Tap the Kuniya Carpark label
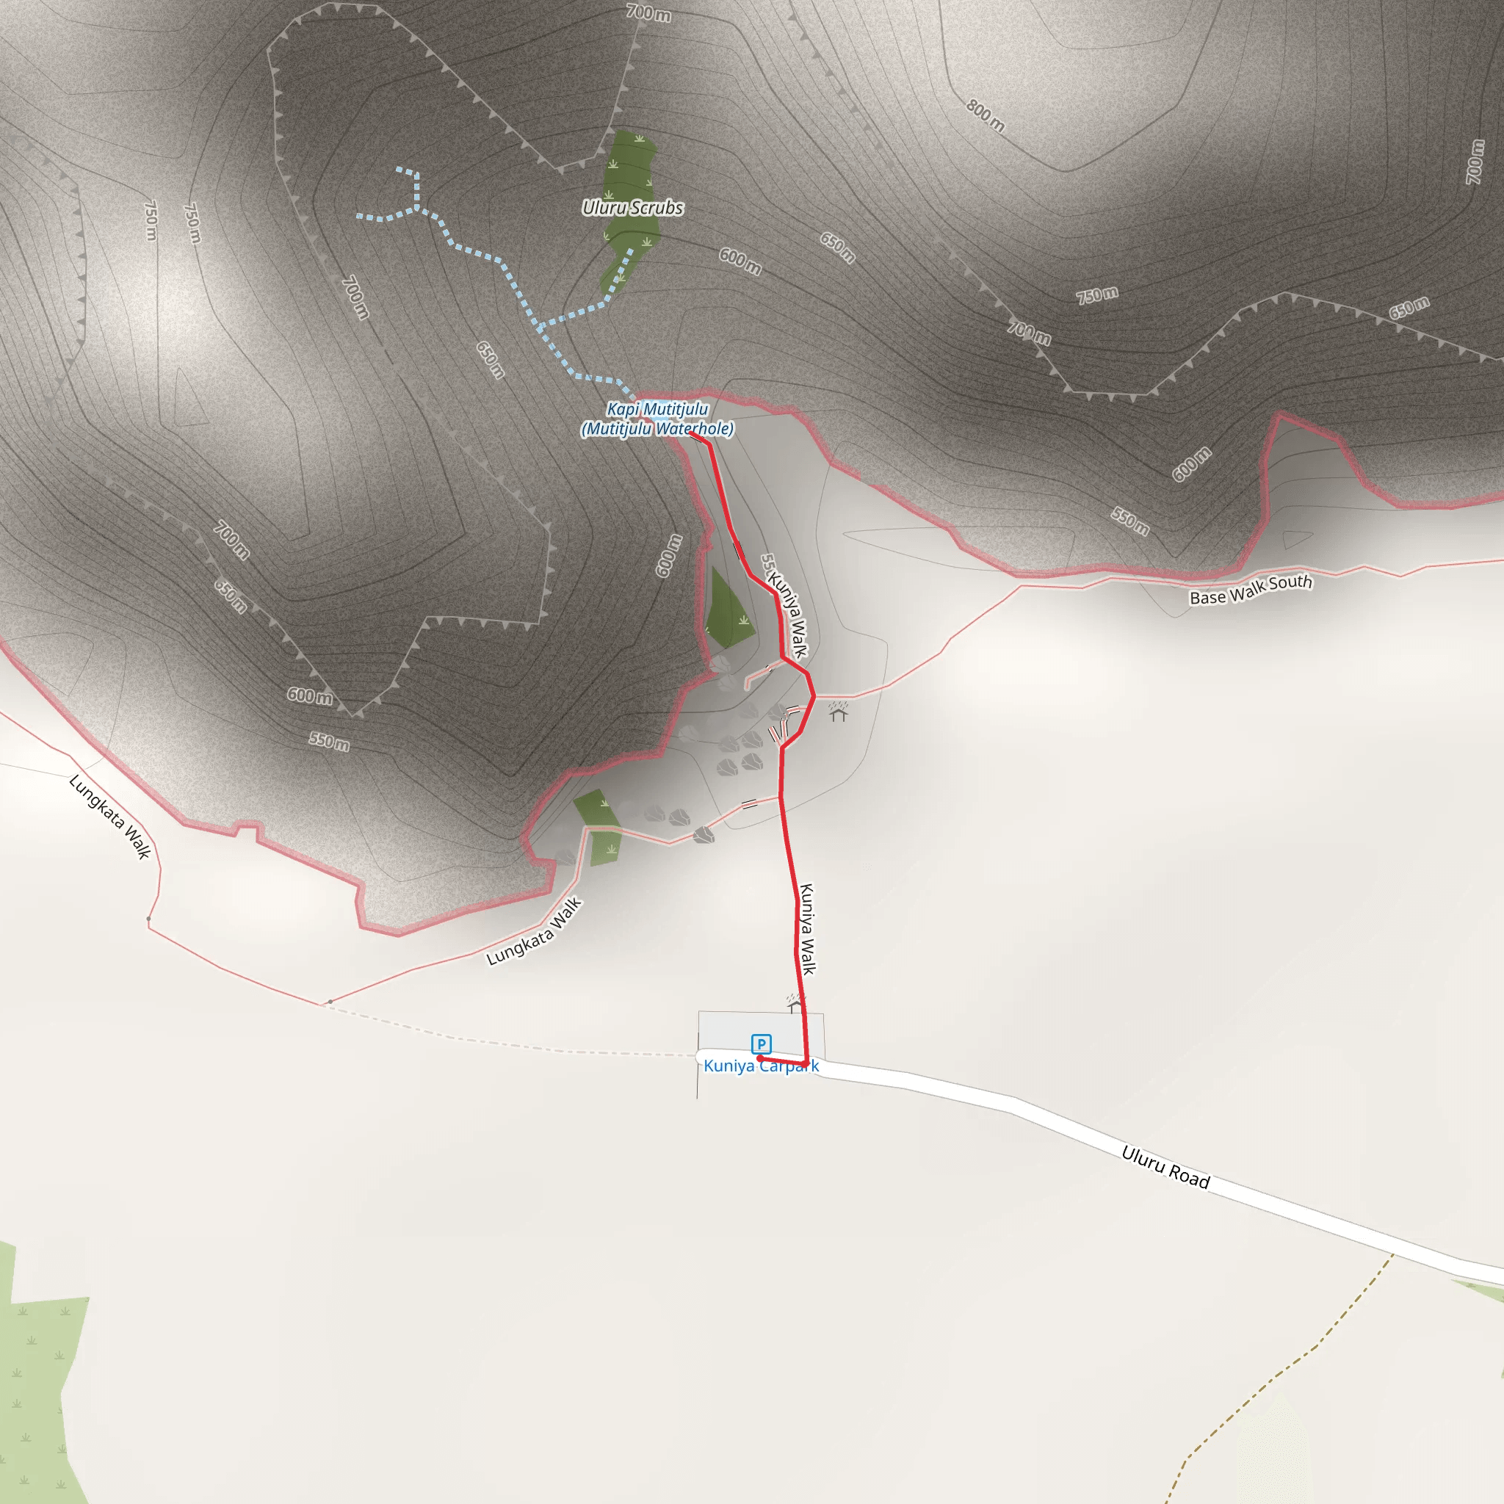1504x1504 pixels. (761, 1066)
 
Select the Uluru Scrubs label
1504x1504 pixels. (633, 208)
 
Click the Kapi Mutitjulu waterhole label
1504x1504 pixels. (658, 419)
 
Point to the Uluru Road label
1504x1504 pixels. (1165, 1167)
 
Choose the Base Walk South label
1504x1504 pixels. (1250, 589)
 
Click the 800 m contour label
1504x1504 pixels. (985, 116)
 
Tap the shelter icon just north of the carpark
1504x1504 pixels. (794, 1003)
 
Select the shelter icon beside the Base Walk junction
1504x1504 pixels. (838, 712)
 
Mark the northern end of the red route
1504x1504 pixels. (691, 433)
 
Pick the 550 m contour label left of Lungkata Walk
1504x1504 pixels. (328, 740)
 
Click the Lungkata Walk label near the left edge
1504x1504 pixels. (109, 816)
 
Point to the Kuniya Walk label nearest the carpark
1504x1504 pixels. (807, 929)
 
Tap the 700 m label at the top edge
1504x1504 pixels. (648, 13)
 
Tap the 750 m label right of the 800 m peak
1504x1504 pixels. (1097, 295)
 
